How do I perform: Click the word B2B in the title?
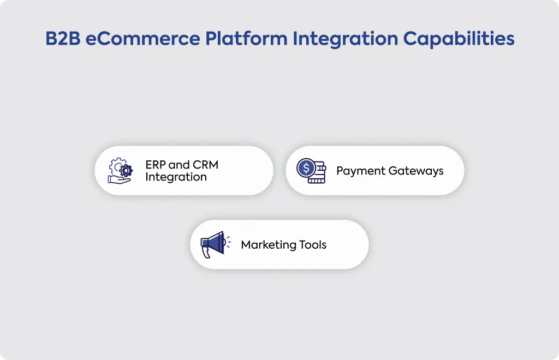click(x=63, y=39)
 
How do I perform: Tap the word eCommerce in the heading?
click(x=142, y=39)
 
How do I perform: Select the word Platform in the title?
click(x=246, y=38)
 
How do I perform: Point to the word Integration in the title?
click(x=345, y=39)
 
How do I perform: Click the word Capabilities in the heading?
click(x=459, y=39)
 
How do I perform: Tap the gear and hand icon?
click(x=120, y=171)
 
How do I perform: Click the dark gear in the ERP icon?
click(x=126, y=171)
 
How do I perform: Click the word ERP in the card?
click(x=155, y=165)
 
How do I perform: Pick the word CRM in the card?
click(x=205, y=165)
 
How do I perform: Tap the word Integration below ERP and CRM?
click(x=176, y=177)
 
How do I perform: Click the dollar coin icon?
click(x=311, y=171)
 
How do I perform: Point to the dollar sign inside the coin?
click(x=306, y=167)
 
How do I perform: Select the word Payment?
click(x=360, y=171)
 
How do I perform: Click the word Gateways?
click(x=415, y=171)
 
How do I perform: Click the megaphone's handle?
click(x=206, y=252)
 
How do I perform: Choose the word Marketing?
click(x=268, y=244)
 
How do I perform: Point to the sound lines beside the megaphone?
click(x=228, y=242)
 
